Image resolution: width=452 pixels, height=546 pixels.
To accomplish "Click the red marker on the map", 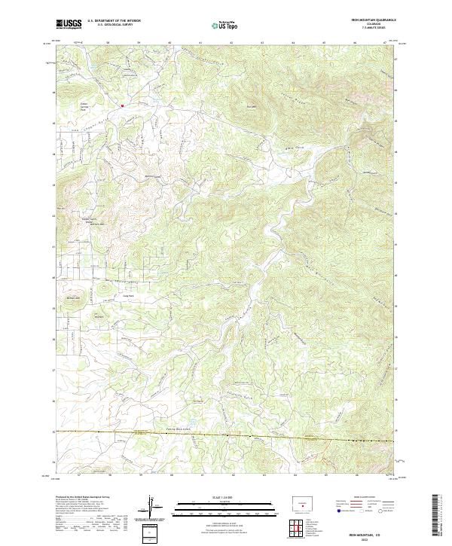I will [x=123, y=105].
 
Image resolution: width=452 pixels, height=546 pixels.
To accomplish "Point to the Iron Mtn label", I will [x=253, y=106].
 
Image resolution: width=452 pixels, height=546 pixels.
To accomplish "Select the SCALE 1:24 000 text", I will [x=225, y=497].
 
